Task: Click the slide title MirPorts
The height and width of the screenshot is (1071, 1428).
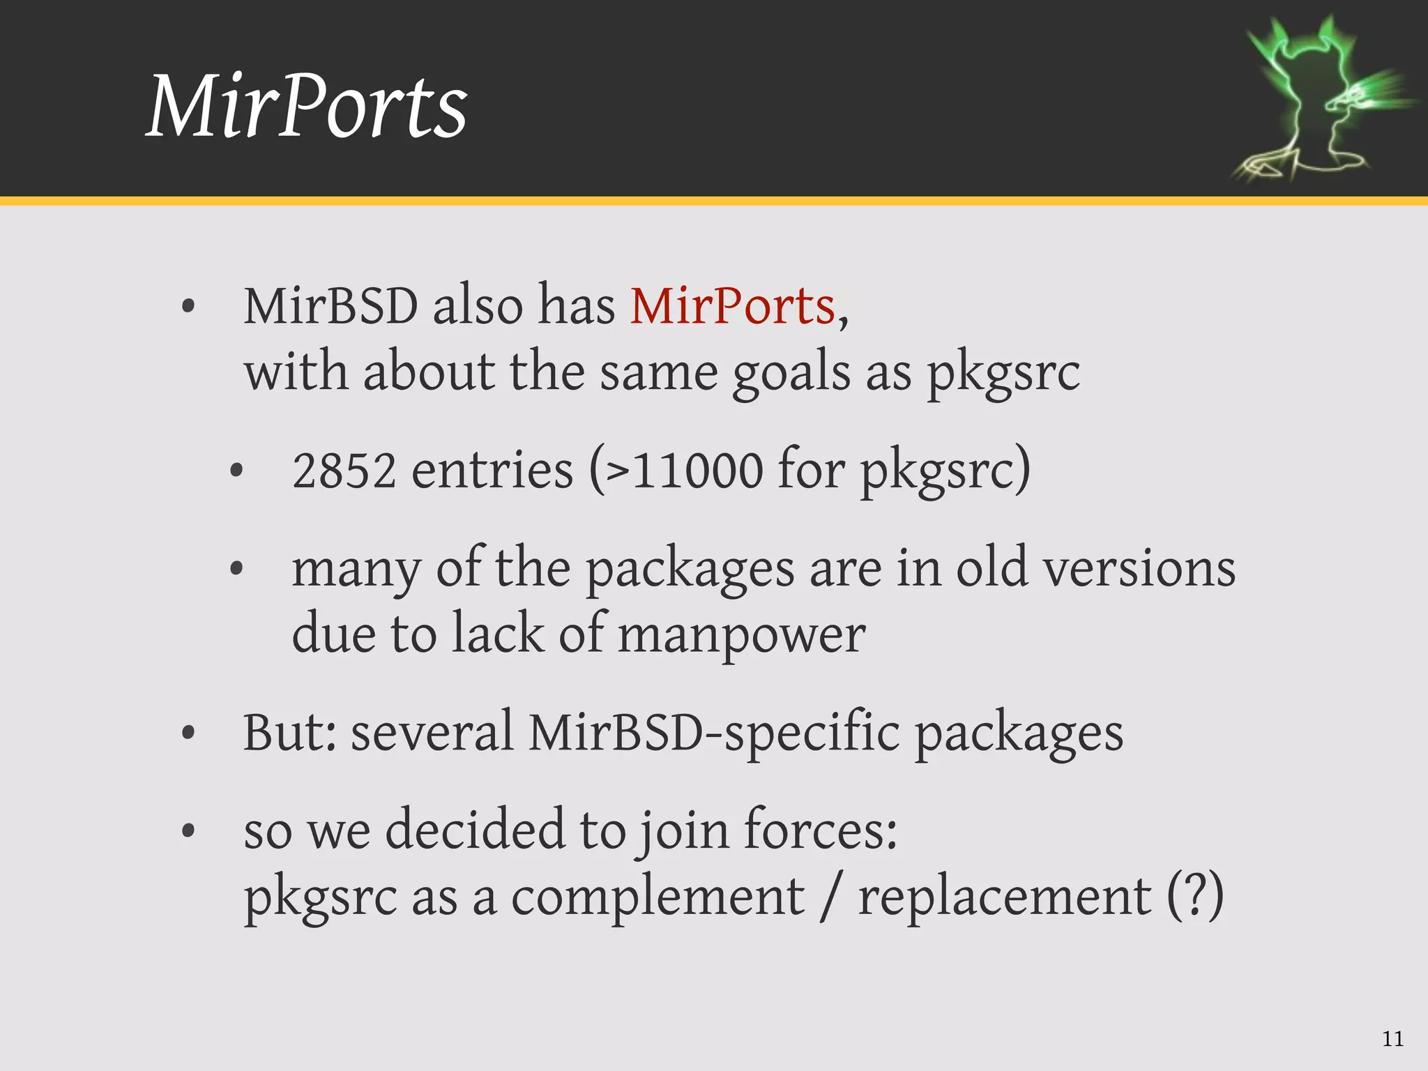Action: (307, 107)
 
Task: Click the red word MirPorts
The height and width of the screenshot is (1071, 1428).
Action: (732, 307)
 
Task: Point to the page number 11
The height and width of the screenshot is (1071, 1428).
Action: (1392, 1039)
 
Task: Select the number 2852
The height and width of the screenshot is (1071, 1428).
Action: (344, 471)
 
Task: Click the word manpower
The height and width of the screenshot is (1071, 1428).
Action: (741, 635)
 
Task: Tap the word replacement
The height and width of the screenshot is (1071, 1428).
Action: (1004, 897)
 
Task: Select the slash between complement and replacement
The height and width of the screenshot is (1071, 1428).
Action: (829, 897)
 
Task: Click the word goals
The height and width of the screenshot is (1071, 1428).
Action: (791, 373)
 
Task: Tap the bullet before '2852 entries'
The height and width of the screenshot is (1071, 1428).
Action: (236, 471)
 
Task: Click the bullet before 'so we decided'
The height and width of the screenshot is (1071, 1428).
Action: (188, 831)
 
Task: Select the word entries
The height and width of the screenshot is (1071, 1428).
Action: (492, 471)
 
